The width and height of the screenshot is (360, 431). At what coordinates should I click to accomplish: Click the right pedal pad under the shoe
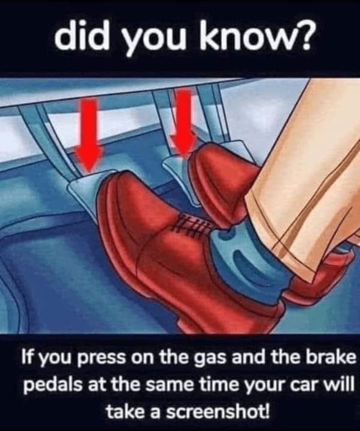tap(178, 176)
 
